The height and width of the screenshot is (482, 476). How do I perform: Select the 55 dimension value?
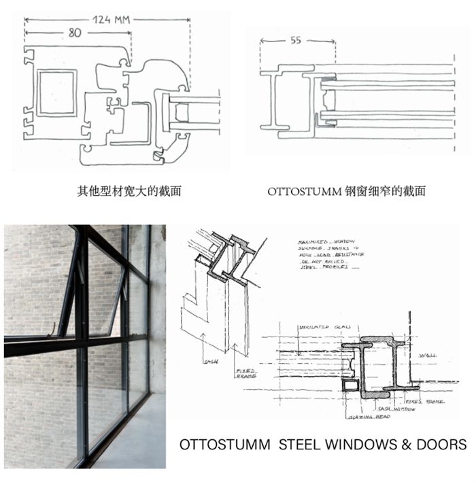tap(296, 41)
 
